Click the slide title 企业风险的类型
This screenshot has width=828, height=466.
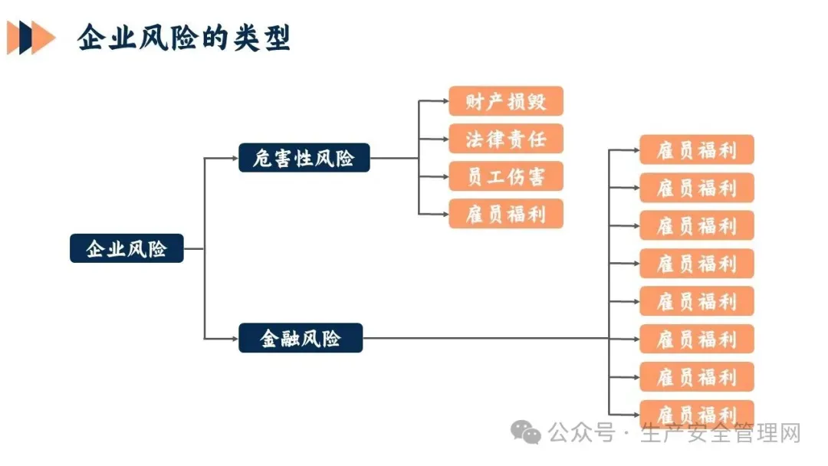point(184,38)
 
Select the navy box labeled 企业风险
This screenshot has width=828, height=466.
point(127,248)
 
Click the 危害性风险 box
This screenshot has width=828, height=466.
point(304,158)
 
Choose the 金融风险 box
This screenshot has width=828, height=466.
point(301,338)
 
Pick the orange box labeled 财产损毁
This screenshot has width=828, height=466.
point(506,101)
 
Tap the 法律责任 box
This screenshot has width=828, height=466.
point(506,139)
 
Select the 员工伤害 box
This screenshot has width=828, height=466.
point(506,176)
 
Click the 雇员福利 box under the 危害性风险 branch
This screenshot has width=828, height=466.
point(506,214)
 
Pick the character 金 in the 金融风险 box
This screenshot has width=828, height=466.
point(269,338)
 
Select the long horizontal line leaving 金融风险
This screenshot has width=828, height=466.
point(483,338)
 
